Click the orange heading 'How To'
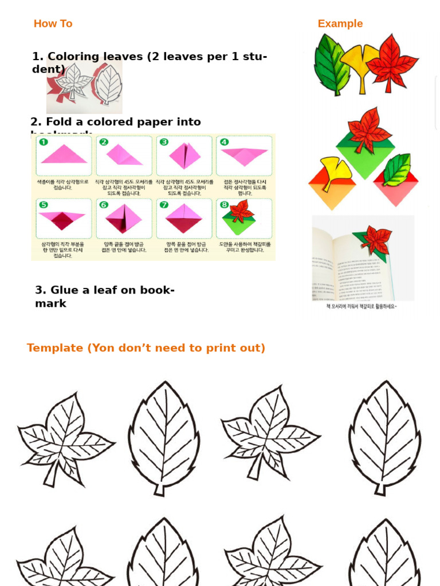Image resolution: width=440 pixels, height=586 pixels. (x=53, y=23)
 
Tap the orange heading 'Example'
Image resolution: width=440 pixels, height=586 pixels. (x=340, y=23)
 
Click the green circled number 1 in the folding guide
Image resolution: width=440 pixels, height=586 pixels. (x=44, y=142)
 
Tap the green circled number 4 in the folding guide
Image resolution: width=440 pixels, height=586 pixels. (x=224, y=142)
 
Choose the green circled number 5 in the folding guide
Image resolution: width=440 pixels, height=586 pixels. (x=44, y=205)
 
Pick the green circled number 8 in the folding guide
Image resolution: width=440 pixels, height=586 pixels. (x=224, y=205)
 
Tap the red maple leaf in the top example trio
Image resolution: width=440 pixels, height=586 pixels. (x=393, y=62)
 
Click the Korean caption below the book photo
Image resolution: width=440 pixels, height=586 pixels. (x=362, y=307)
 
